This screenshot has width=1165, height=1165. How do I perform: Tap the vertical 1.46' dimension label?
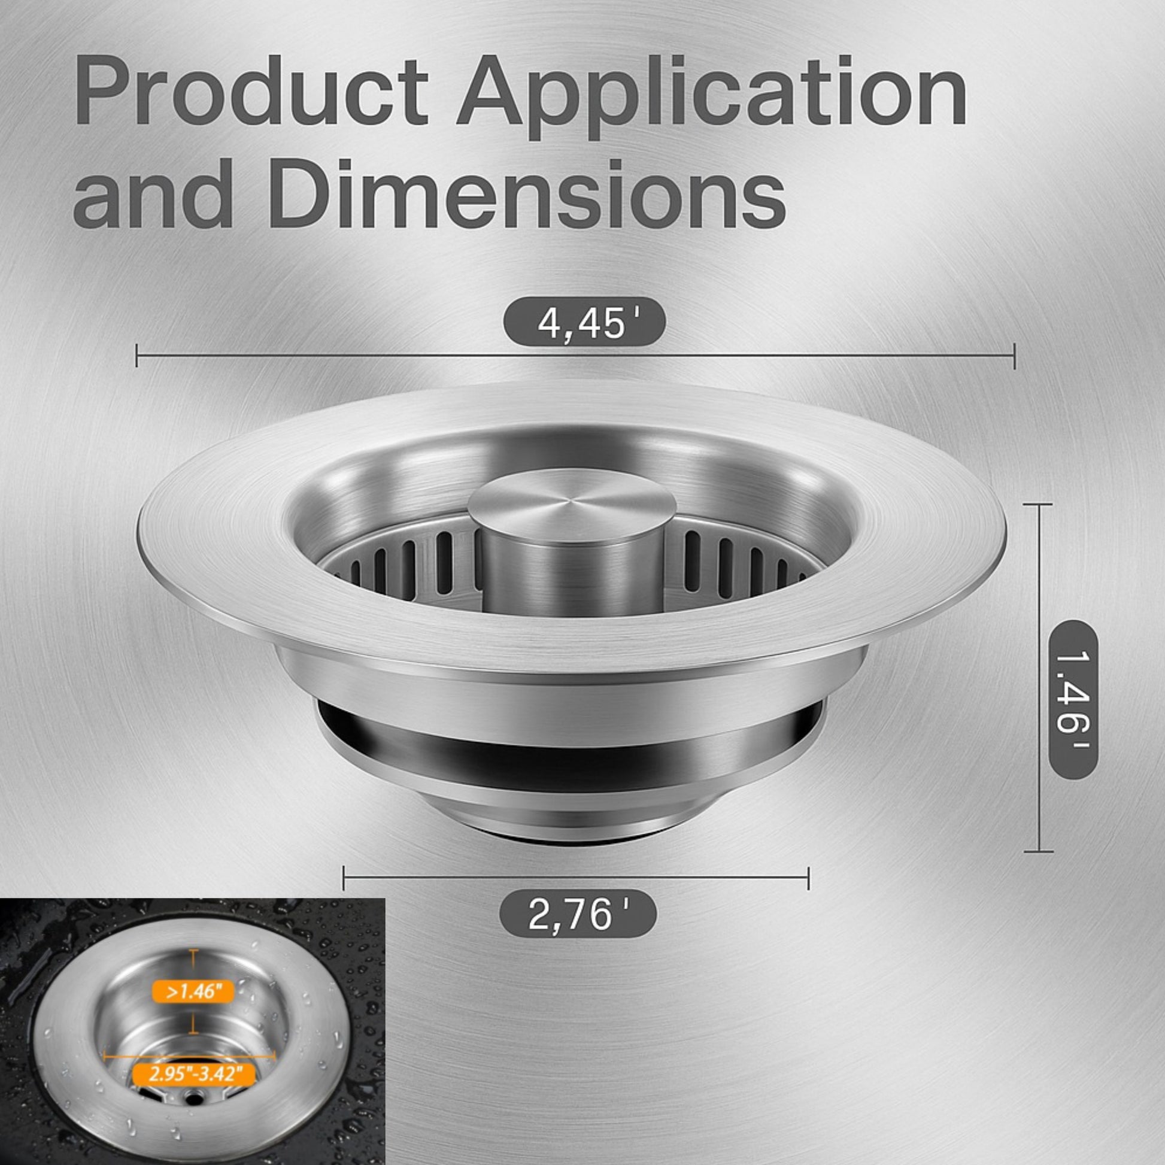coord(1074,700)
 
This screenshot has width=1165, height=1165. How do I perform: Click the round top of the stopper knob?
coord(572,504)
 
